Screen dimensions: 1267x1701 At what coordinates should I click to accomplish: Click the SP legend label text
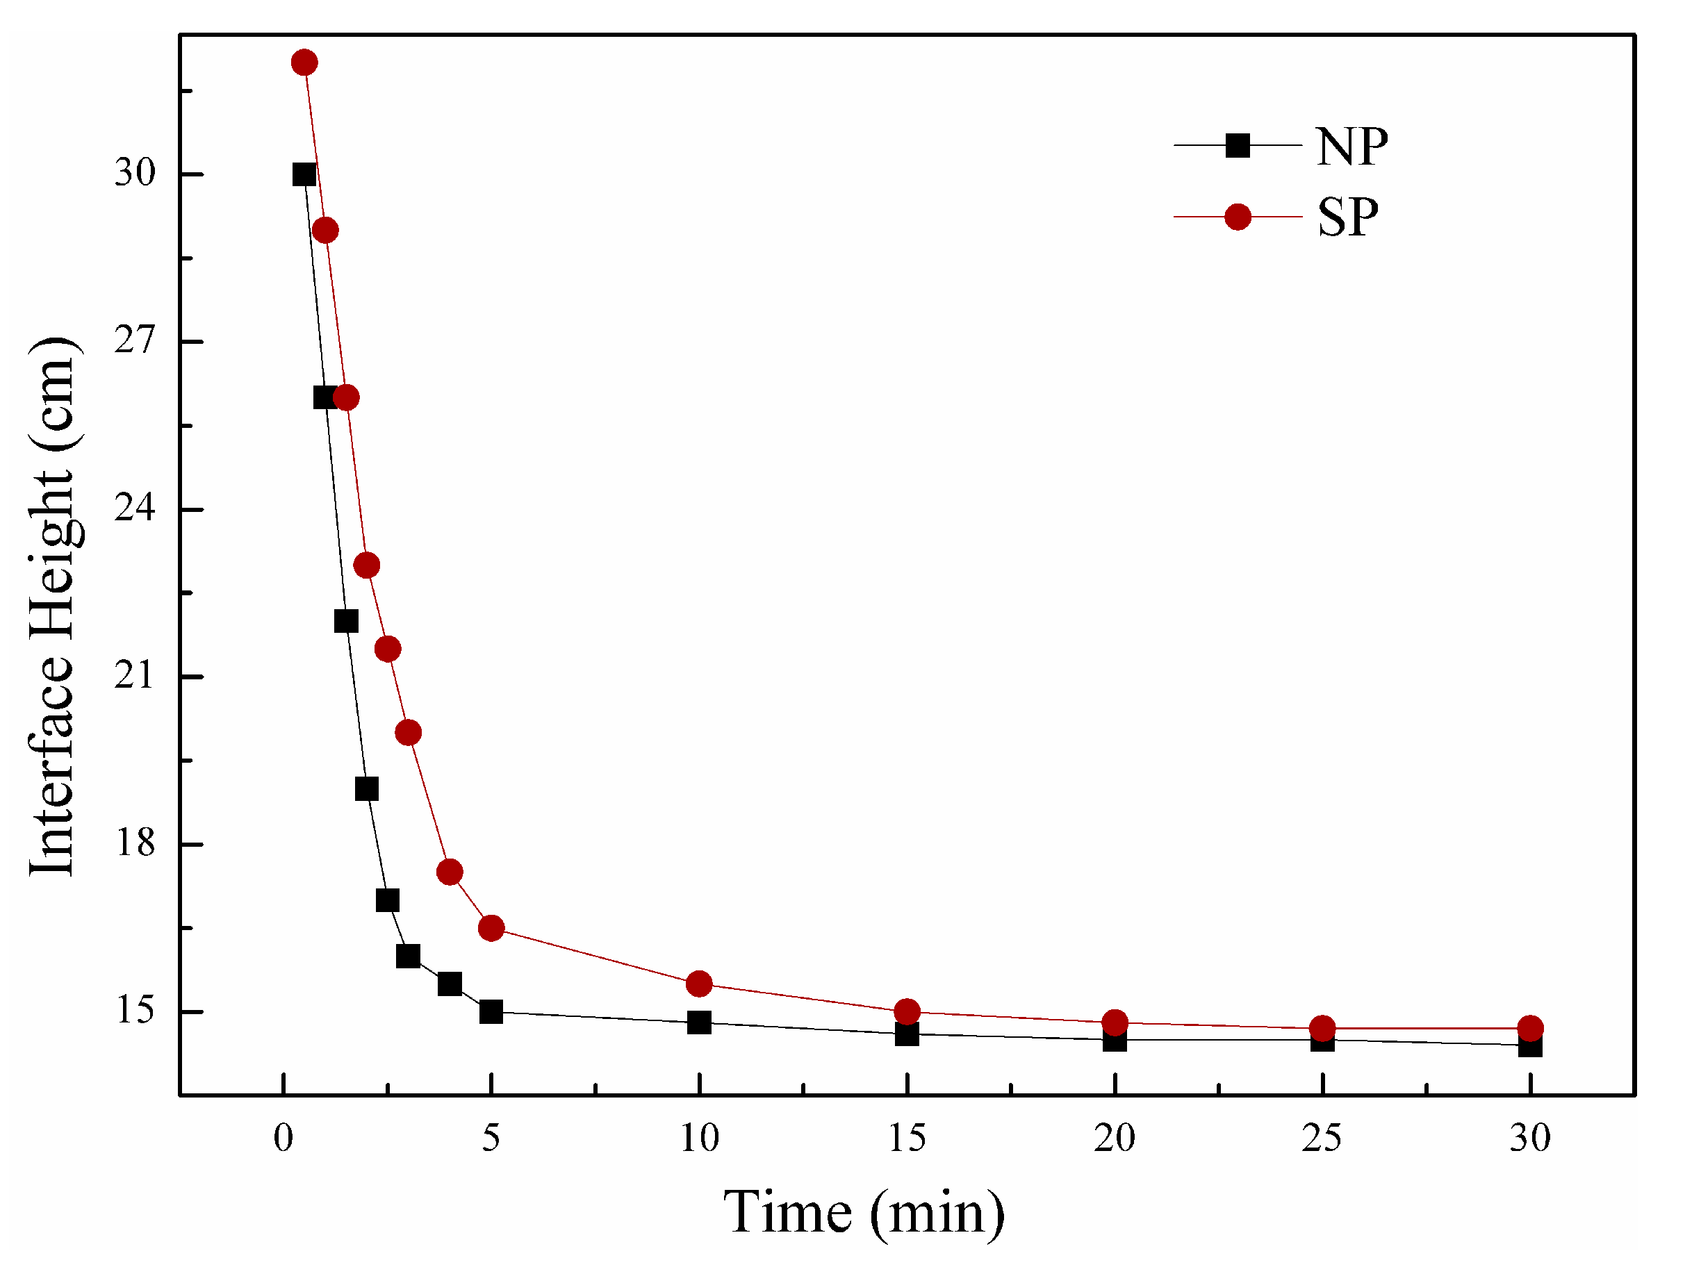click(1347, 218)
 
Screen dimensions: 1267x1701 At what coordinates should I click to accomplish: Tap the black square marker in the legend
click(1237, 145)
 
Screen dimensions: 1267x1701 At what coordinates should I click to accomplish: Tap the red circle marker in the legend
click(1237, 217)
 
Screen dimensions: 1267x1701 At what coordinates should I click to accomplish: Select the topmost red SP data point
click(304, 62)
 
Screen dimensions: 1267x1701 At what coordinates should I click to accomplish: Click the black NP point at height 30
click(304, 175)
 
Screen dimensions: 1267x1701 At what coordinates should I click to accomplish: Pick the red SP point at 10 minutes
click(698, 984)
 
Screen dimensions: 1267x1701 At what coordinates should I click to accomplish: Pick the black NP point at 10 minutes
click(698, 1022)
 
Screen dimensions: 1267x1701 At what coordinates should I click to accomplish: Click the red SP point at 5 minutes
click(491, 928)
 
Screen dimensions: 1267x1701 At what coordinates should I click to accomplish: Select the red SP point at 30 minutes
click(1529, 1029)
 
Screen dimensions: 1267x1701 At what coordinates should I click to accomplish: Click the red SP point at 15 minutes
click(906, 1011)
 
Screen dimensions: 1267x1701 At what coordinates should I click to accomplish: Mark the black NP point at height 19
click(366, 788)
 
